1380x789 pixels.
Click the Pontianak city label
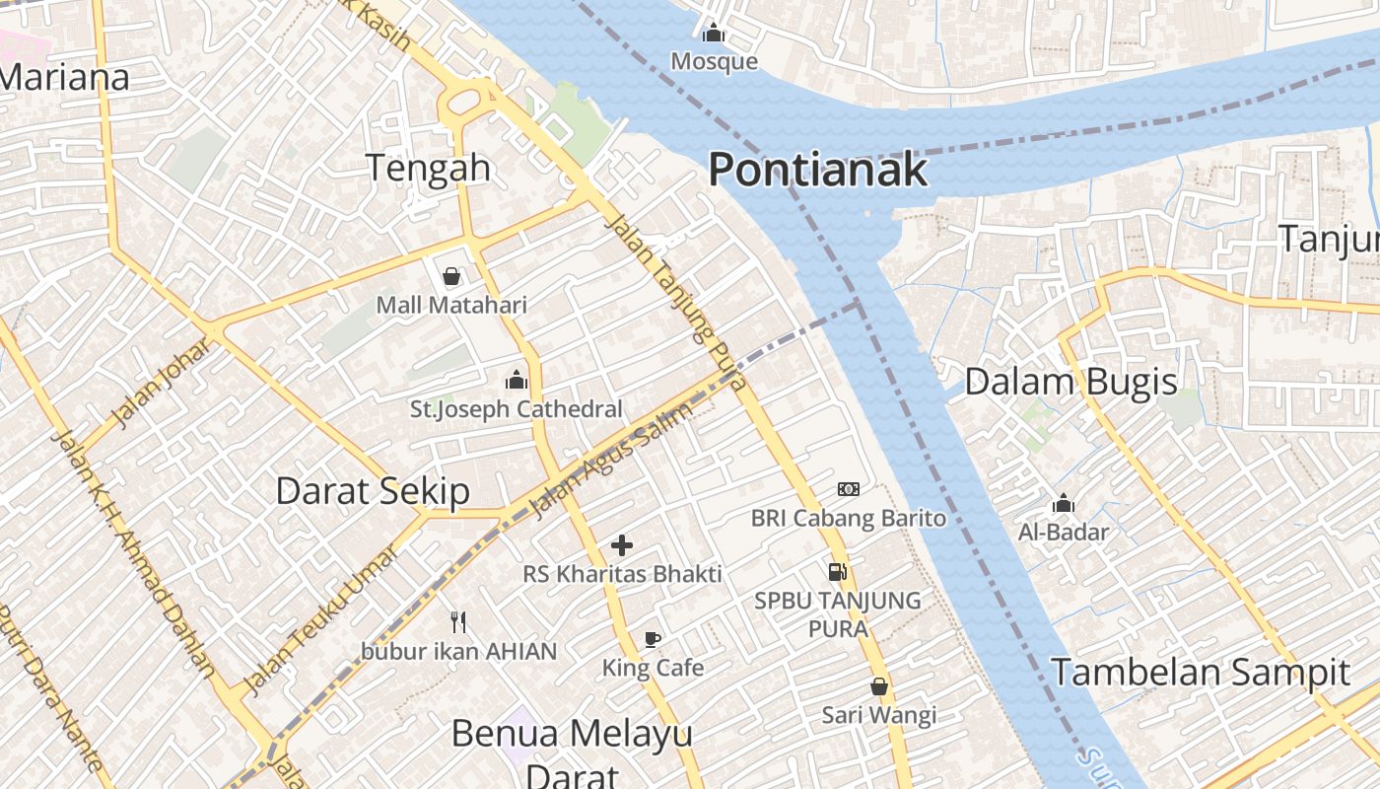point(817,170)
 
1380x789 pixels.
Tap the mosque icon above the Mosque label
point(714,34)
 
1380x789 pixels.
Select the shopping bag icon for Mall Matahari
point(451,276)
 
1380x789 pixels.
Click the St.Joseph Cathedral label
point(517,408)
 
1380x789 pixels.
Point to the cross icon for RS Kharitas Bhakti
point(622,544)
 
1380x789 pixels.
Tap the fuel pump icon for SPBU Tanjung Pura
point(837,571)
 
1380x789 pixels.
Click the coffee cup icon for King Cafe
point(652,639)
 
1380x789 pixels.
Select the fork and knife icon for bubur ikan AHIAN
point(457,621)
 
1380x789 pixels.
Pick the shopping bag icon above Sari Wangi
point(879,686)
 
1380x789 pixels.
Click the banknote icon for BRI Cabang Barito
point(849,489)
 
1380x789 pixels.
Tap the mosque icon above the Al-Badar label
point(1063,504)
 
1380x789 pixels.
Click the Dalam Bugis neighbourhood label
point(1070,382)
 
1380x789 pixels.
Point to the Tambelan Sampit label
point(1200,673)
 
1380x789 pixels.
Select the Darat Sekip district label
point(372,490)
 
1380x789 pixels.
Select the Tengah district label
point(428,168)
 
